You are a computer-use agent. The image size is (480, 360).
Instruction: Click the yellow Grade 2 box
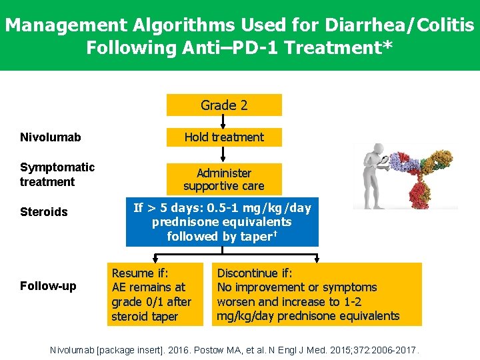224,105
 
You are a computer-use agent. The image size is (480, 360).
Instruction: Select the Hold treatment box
224,137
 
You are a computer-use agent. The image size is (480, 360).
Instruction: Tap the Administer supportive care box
224,179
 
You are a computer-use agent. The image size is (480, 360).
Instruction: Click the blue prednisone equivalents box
222,222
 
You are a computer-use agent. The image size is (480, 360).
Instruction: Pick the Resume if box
155,295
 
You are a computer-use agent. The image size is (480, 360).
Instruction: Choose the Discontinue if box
317,295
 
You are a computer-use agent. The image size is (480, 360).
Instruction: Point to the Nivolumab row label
51,137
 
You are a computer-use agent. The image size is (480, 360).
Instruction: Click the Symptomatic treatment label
57,174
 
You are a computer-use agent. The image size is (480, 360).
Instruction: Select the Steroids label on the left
44,212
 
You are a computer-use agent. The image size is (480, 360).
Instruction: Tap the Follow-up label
48,286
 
